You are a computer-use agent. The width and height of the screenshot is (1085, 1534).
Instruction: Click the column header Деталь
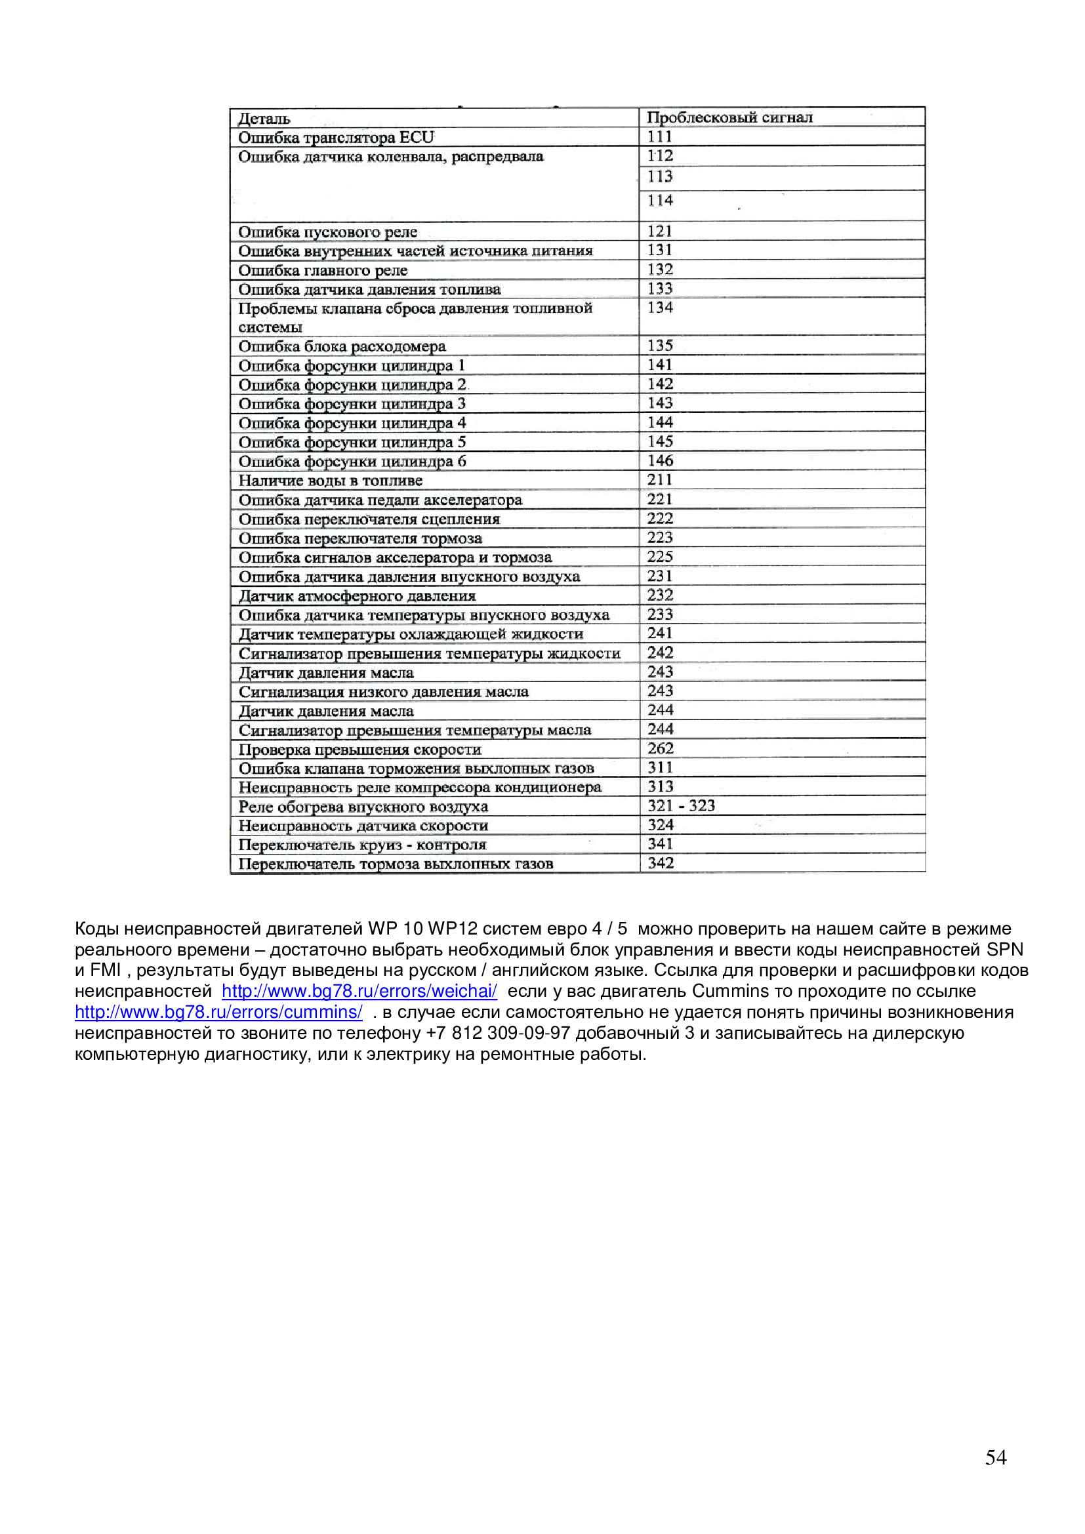[264, 119]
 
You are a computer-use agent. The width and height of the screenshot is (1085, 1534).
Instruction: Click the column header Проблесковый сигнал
[729, 117]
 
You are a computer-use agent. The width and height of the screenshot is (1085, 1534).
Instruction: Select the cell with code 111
[659, 137]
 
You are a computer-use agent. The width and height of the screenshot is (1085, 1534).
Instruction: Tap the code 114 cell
[660, 201]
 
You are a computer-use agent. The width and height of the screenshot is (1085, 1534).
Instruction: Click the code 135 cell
[660, 346]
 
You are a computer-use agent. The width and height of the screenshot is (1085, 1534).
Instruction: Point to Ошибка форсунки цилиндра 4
[352, 424]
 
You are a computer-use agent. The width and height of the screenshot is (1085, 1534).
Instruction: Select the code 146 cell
[660, 461]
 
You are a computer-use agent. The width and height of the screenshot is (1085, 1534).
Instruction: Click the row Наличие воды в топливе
[331, 481]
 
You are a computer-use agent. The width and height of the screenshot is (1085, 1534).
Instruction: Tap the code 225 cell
[660, 557]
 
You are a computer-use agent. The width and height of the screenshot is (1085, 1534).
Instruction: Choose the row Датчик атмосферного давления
[358, 596]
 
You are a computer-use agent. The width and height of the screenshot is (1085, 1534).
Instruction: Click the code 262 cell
[660, 749]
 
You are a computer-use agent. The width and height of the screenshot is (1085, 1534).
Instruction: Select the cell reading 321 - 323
[681, 807]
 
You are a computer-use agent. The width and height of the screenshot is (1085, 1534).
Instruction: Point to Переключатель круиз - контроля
[363, 845]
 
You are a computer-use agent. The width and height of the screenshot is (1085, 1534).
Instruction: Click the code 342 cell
[660, 864]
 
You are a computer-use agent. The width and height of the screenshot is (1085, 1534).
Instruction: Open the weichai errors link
[359, 992]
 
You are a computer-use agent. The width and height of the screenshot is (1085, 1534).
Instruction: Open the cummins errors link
[218, 1012]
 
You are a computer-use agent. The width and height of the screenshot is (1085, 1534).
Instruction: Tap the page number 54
[996, 1457]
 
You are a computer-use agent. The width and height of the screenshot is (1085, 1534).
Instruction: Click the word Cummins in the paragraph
[730, 992]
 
